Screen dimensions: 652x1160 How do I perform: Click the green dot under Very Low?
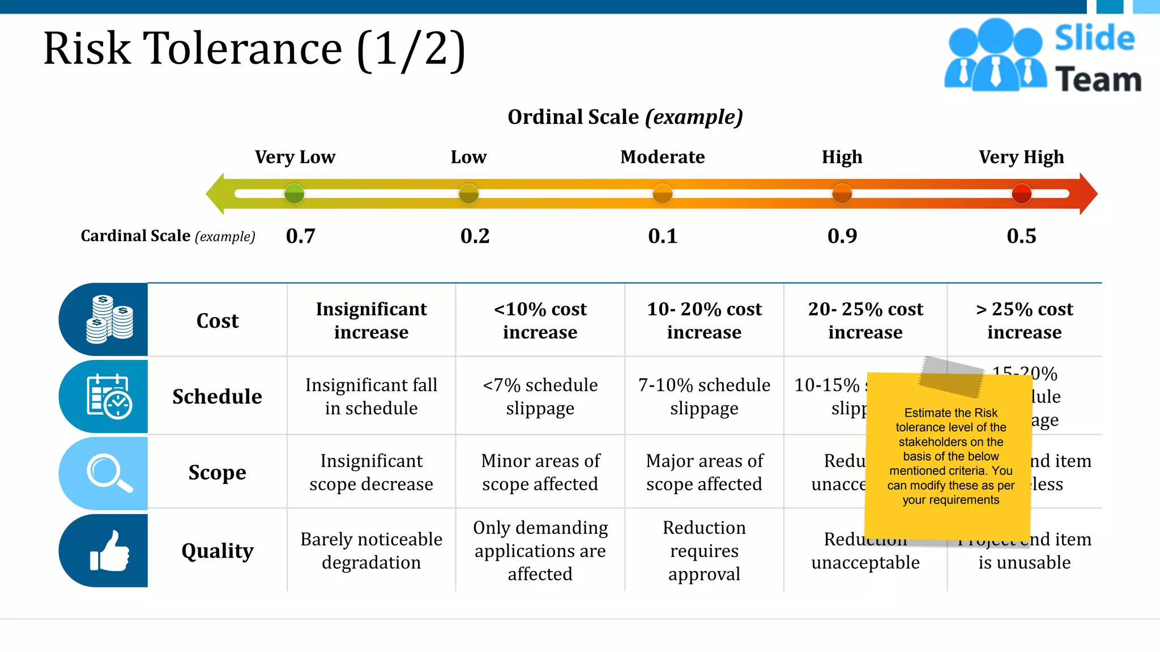click(294, 194)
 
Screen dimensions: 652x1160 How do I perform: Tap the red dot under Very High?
click(1021, 194)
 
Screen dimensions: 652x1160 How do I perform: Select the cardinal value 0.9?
click(842, 236)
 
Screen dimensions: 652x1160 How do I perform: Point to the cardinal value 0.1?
click(662, 236)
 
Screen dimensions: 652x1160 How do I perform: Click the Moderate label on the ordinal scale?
click(662, 157)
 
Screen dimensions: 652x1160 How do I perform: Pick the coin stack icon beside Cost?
click(109, 319)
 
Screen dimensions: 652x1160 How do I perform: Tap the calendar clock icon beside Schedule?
click(109, 396)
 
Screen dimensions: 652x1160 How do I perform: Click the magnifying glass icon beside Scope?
click(109, 473)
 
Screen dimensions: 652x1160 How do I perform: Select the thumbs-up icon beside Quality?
click(109, 551)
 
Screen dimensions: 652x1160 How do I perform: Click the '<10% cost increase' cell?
click(540, 320)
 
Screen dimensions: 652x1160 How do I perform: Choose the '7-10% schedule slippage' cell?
click(704, 396)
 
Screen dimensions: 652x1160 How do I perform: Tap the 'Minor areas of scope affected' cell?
click(540, 472)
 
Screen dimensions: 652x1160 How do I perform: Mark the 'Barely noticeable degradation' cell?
click(371, 551)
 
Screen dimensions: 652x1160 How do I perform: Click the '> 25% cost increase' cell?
click(1024, 320)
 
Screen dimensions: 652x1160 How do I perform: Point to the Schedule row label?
click(217, 396)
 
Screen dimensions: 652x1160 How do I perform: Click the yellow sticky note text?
click(950, 456)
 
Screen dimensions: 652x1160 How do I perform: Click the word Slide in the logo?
click(1094, 38)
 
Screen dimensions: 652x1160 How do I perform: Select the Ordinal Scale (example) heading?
click(625, 117)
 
